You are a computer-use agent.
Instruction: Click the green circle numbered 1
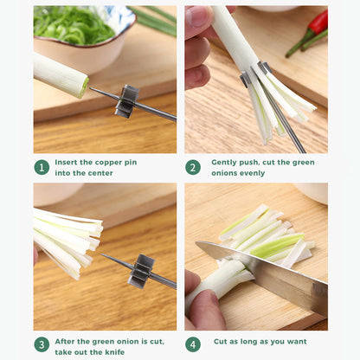pyautogui.click(x=41, y=167)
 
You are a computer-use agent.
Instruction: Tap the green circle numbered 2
pyautogui.click(x=192, y=167)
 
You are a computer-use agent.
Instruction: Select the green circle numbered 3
pyautogui.click(x=41, y=344)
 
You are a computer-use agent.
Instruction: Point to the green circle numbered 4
pyautogui.click(x=192, y=344)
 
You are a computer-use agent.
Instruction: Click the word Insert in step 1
pyautogui.click(x=67, y=162)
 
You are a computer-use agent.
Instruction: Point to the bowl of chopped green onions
pyautogui.click(x=82, y=35)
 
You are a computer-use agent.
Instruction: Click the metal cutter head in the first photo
pyautogui.click(x=127, y=100)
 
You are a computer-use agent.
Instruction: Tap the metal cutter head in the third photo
pyautogui.click(x=140, y=271)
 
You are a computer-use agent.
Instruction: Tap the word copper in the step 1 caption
pyautogui.click(x=110, y=162)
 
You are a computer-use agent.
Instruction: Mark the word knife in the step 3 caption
pyautogui.click(x=114, y=351)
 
